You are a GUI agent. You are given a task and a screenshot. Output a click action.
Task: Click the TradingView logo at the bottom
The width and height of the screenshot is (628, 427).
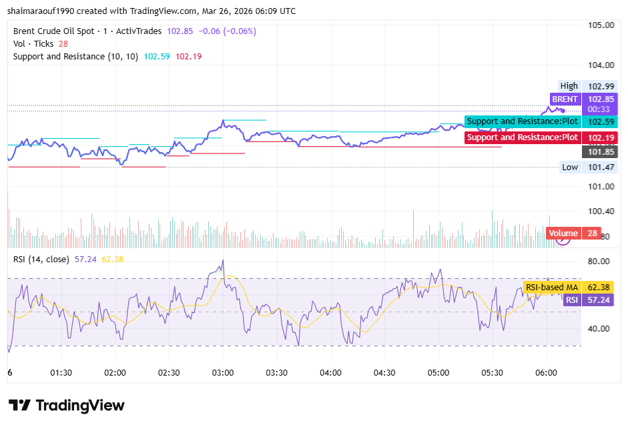click(x=66, y=405)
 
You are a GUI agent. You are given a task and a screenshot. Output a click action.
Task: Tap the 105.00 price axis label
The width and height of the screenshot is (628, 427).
click(x=601, y=25)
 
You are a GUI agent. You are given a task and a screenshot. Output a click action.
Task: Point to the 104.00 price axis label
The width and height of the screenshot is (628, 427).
click(x=601, y=65)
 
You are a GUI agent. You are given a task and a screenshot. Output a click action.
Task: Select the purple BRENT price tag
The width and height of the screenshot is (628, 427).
click(x=565, y=99)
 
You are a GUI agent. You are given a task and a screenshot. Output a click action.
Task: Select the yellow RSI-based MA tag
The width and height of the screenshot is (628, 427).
click(x=551, y=287)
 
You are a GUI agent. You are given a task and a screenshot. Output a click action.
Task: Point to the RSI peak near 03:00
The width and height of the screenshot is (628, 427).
click(x=223, y=261)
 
